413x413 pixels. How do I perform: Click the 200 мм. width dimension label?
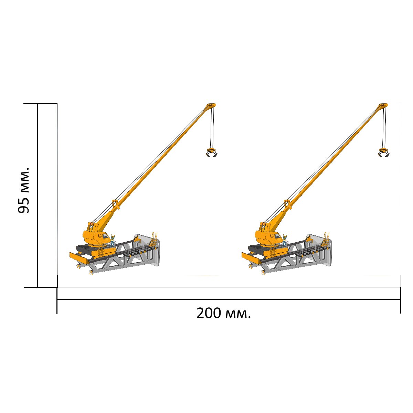point(223,313)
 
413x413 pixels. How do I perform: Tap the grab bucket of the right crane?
point(384,153)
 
